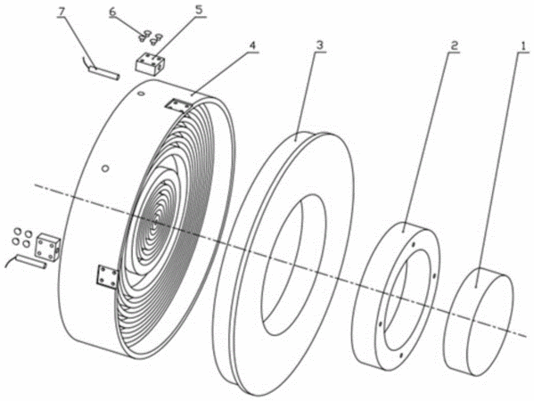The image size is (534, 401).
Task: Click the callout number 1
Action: click(521, 47)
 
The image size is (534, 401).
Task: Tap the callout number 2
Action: click(453, 46)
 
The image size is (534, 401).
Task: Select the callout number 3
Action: click(319, 45)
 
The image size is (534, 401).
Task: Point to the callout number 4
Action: click(252, 45)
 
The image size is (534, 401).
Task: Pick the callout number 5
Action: click(199, 9)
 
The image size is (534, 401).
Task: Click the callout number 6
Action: click(112, 11)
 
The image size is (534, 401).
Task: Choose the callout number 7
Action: click(62, 11)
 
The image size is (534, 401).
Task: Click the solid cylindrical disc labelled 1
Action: click(479, 322)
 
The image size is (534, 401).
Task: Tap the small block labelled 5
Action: click(150, 62)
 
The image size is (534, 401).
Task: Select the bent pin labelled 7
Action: click(101, 70)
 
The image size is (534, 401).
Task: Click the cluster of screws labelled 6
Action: click(150, 36)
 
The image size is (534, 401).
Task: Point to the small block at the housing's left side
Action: click(48, 248)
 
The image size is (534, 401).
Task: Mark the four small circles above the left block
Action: click(21, 237)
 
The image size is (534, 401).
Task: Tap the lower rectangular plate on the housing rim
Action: click(107, 275)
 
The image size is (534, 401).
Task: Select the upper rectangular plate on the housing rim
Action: click(178, 106)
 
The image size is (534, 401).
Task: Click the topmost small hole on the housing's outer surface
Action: click(140, 93)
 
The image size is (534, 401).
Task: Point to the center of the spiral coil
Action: click(155, 223)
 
